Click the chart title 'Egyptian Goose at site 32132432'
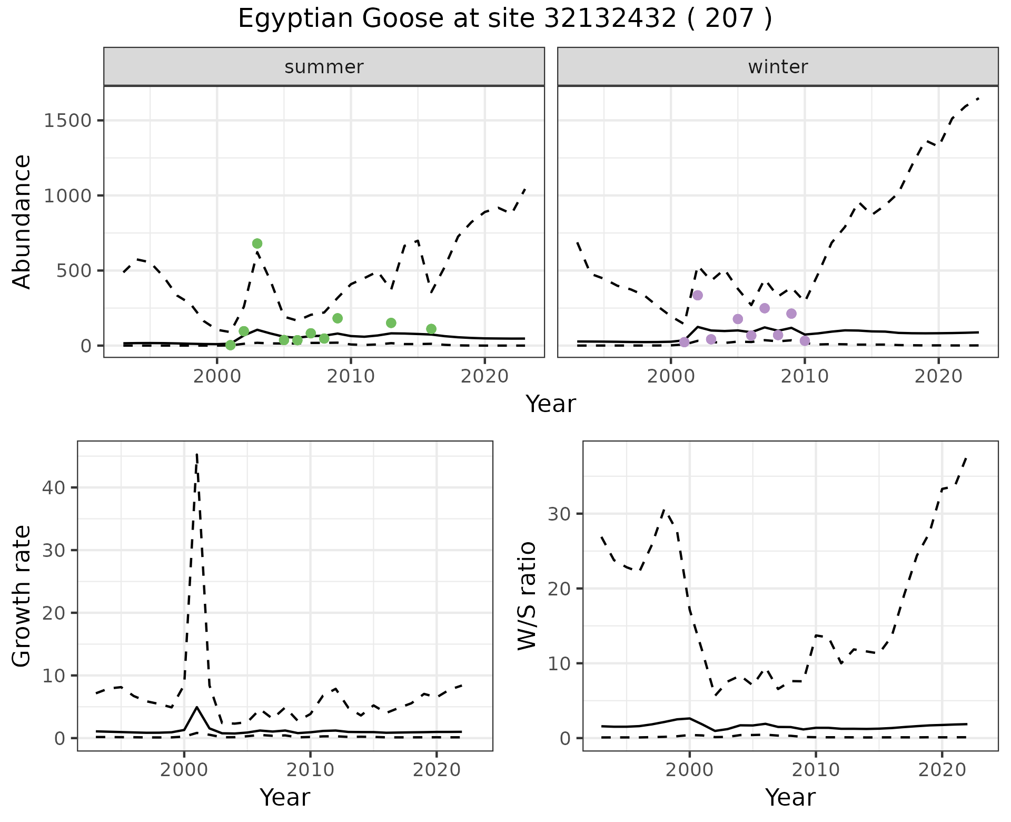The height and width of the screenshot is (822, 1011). pyautogui.click(x=504, y=19)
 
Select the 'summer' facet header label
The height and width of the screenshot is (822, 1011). pyautogui.click(x=324, y=67)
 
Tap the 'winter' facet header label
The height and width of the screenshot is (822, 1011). pyautogui.click(x=778, y=67)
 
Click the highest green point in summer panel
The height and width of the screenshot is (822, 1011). pyautogui.click(x=257, y=243)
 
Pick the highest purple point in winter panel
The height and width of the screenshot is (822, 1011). pyautogui.click(x=698, y=295)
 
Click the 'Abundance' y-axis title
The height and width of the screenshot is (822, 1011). pyautogui.click(x=22, y=221)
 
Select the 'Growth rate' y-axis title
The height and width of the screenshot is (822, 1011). pyautogui.click(x=22, y=595)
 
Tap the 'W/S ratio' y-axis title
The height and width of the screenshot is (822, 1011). pyautogui.click(x=527, y=595)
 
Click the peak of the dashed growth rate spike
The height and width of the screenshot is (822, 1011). pyautogui.click(x=196, y=454)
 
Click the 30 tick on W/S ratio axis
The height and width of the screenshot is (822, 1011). pyautogui.click(x=560, y=514)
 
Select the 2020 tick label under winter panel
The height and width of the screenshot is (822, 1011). pyautogui.click(x=938, y=376)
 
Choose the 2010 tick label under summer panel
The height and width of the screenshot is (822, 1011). pyautogui.click(x=351, y=376)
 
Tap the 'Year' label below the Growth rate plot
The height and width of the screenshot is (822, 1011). pyautogui.click(x=285, y=797)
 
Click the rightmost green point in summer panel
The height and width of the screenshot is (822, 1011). pyautogui.click(x=431, y=329)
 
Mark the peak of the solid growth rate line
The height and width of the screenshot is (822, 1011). pyautogui.click(x=197, y=707)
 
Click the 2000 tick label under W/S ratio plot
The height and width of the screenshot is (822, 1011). pyautogui.click(x=689, y=770)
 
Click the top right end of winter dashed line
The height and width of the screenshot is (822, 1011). pyautogui.click(x=978, y=99)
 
